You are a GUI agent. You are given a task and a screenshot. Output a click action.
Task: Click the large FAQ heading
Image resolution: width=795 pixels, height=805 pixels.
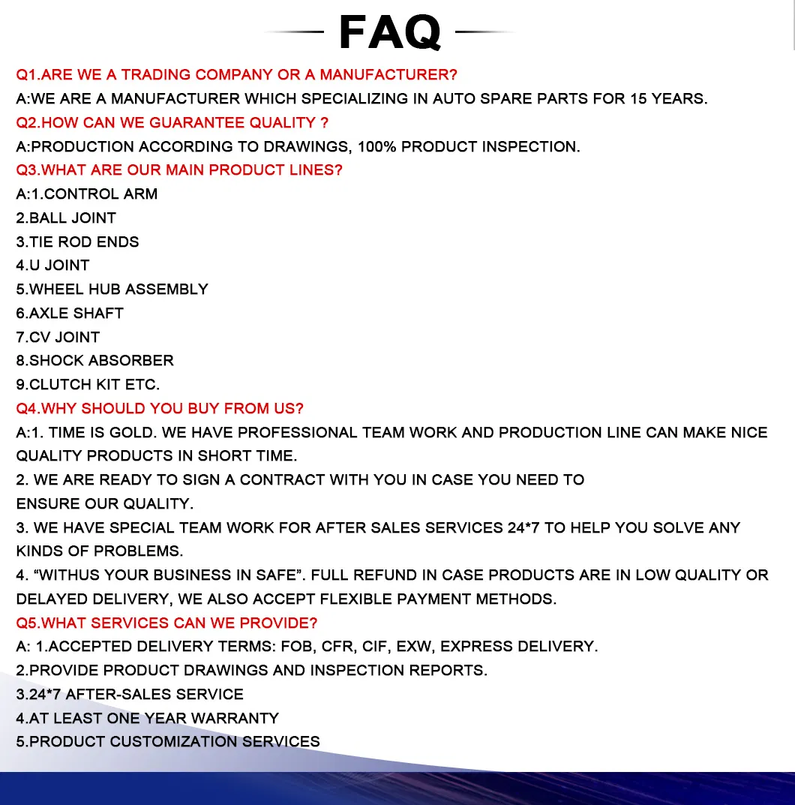point(389,32)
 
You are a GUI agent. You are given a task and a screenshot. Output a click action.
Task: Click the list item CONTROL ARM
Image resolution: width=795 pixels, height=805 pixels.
point(100,194)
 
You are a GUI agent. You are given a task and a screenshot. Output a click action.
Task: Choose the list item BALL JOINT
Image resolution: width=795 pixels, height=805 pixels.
point(72,218)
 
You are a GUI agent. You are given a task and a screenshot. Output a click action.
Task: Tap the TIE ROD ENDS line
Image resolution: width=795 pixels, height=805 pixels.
point(83,242)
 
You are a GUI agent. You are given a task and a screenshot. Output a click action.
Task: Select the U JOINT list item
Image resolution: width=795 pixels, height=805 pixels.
point(59,266)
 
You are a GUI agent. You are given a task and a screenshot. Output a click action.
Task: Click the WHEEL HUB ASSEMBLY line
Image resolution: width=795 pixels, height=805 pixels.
point(118,290)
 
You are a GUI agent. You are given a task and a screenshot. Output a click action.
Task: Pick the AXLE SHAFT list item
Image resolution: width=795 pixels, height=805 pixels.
point(76,314)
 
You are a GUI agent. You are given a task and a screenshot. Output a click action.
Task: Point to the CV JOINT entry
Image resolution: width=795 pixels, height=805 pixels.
point(64,338)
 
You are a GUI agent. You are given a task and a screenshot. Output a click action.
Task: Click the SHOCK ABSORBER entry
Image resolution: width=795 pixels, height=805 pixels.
point(101,361)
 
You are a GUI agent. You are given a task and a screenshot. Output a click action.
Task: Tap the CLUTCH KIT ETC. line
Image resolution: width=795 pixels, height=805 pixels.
point(94,385)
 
